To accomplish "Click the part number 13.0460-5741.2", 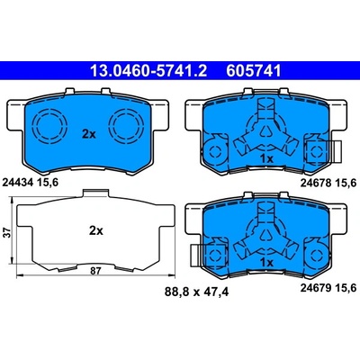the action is click(148, 71).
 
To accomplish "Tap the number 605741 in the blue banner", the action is click(254, 71).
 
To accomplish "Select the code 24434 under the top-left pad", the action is click(18, 182).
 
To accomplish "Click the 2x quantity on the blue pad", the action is click(89, 135).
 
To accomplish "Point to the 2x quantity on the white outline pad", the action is click(96, 230).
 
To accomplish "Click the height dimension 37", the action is click(8, 232).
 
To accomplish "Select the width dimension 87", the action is click(95, 271).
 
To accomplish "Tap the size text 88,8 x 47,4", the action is click(196, 292).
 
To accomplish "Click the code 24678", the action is click(315, 183).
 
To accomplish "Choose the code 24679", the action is click(315, 288).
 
